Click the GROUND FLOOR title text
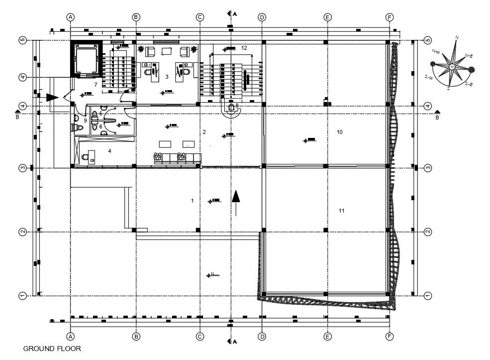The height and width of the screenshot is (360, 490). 52,349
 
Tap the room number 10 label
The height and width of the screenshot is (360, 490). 340,132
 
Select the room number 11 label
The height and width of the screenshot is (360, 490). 342,211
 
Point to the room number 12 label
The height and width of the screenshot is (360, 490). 244,48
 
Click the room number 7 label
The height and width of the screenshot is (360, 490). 96,85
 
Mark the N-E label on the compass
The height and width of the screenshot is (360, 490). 469,55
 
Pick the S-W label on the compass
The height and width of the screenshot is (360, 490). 427,78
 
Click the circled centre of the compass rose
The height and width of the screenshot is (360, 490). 452,67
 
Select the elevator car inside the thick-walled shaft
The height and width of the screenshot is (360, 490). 88,59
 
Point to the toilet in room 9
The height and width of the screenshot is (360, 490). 79,128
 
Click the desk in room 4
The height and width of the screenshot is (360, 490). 91,155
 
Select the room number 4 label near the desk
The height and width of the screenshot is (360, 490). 109,150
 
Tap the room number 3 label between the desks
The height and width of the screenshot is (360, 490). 167,77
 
